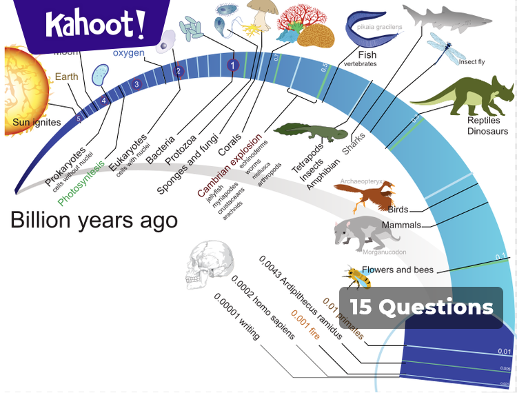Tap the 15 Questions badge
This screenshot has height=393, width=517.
click(421, 308)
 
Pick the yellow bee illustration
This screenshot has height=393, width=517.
click(357, 278)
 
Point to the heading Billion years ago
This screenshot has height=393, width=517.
click(94, 220)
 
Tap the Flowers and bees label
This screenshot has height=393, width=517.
click(398, 270)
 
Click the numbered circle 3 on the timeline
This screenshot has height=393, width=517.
click(136, 84)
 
